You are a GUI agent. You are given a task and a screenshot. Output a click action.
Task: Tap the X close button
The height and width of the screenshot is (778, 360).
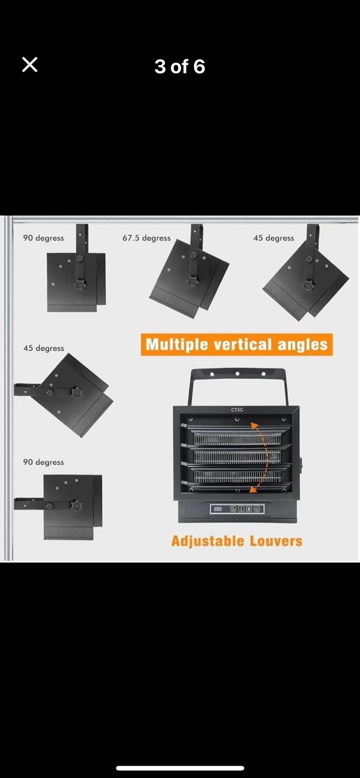30,65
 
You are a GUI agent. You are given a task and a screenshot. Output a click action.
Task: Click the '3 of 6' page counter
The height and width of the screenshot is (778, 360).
179,66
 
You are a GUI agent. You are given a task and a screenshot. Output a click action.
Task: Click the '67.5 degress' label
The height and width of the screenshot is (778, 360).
146,238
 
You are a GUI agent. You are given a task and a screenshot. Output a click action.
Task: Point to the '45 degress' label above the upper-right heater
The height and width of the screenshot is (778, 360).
274,238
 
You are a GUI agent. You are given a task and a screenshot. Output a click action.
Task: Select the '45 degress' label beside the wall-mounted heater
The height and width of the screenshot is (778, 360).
44,348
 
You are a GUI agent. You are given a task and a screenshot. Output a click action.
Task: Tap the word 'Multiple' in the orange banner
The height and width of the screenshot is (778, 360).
177,345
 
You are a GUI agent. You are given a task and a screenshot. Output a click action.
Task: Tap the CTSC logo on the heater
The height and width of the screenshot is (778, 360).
237,410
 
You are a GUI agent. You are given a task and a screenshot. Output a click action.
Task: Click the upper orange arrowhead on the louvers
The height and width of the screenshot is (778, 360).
255,426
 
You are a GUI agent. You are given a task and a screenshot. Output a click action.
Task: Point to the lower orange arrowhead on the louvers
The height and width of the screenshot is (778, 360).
254,489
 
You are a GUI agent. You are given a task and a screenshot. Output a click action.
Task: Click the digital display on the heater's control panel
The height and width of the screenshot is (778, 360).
218,509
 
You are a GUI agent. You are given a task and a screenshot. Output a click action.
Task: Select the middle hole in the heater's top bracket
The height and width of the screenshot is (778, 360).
237,374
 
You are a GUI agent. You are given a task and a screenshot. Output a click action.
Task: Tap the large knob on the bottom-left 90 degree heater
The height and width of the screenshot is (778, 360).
76,505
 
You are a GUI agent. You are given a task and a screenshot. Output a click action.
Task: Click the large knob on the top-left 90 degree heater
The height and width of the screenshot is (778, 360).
80,285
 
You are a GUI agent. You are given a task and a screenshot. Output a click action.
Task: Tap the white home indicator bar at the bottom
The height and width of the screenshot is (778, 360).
180,768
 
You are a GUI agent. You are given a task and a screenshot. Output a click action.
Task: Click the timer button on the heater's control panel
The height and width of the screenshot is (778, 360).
234,509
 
